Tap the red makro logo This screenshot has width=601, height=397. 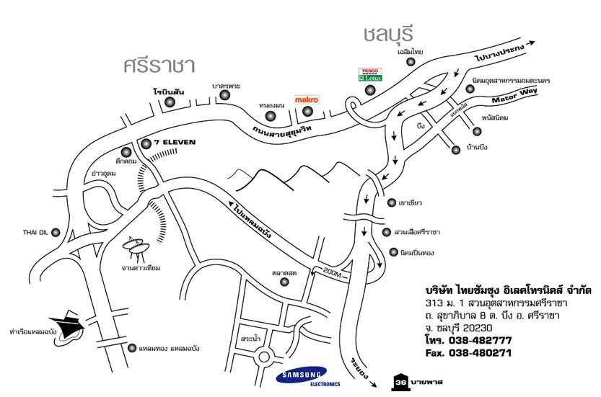tap(307, 98)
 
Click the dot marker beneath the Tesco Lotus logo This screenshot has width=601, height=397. tap(370, 90)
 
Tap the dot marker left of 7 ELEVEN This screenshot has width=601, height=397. tap(146, 143)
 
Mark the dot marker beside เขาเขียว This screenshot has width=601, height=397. tap(391, 202)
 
